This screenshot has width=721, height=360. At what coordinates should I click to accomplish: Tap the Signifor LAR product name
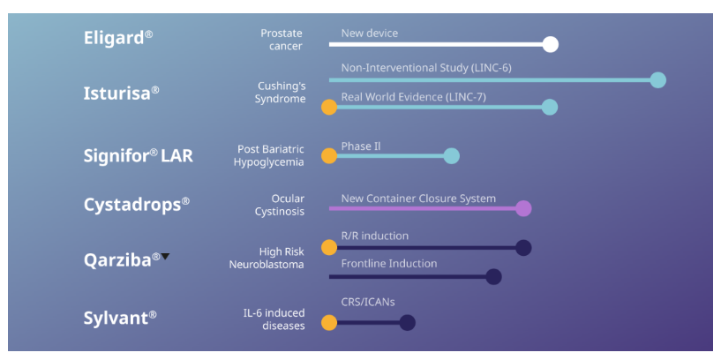coord(138,156)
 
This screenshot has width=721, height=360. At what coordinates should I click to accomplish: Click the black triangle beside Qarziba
coord(165,257)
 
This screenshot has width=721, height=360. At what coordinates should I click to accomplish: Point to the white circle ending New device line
coord(550,44)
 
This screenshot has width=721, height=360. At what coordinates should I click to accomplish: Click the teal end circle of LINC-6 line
coord(657,80)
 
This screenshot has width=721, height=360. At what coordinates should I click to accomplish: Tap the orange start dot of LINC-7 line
coord(329,108)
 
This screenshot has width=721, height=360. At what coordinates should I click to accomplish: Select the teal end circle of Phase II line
coord(451,156)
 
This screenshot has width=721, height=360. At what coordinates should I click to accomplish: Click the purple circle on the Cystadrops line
coord(523,208)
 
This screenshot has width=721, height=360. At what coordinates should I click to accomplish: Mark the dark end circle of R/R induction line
coord(523,248)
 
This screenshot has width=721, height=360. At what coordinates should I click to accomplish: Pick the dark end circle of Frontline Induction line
coord(493,276)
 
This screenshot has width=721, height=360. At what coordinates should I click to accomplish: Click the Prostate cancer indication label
coord(281,40)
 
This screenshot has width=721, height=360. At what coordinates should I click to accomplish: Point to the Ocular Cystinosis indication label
coord(279,205)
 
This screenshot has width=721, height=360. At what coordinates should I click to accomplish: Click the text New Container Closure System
coord(418,199)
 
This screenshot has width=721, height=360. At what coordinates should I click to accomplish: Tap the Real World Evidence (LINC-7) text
coord(413,96)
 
